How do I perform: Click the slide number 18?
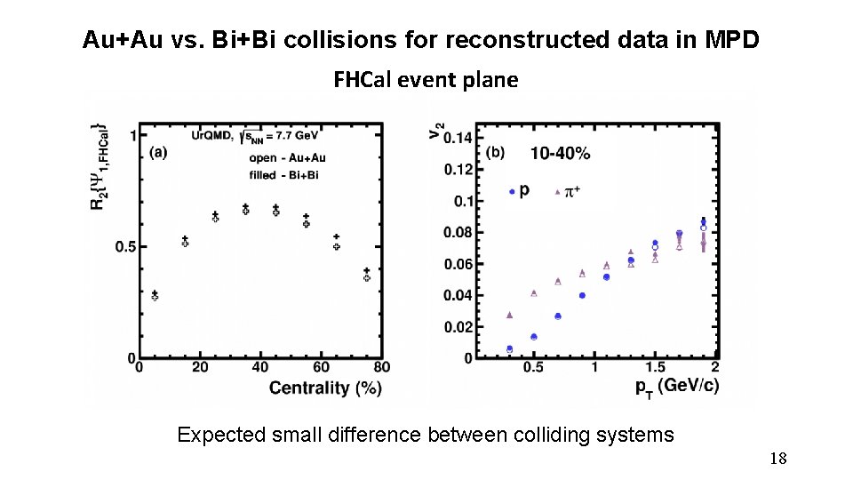pos(777,459)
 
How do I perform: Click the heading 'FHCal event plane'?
pos(426,80)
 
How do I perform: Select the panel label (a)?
pos(157,152)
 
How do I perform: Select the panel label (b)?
pos(495,152)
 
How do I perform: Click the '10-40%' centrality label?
pos(560,153)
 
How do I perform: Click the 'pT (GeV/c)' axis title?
pos(677,387)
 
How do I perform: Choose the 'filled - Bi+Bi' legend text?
pos(283,175)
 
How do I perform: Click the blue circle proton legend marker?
pos(512,191)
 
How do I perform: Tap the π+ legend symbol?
pos(557,191)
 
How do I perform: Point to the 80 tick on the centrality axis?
pos(382,368)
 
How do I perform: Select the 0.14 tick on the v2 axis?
pos(458,138)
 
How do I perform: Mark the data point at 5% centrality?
pos(155,295)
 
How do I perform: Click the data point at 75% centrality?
pos(366,275)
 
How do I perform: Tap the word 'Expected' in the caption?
pos(220,436)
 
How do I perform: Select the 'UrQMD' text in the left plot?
pos(211,135)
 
